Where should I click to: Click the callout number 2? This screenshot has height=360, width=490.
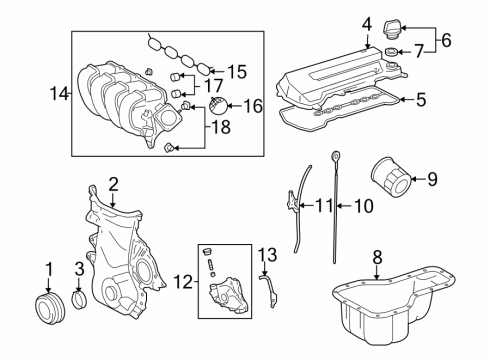tap(113, 183)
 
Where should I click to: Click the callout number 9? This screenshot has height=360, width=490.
tap(433, 181)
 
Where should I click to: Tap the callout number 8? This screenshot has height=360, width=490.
tap(377, 257)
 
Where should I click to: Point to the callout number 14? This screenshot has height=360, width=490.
tap(57, 94)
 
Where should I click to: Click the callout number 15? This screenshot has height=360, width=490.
tap(236, 71)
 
